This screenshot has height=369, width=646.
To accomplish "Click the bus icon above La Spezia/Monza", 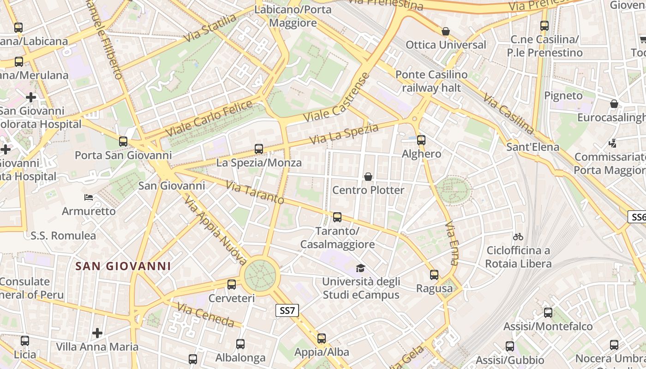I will coord(259,149).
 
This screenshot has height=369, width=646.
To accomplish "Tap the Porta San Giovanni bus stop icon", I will coord(123,142).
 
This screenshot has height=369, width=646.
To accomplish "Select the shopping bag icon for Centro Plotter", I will coord(368,177).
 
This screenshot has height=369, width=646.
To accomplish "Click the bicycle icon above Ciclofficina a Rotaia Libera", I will coord(518,237).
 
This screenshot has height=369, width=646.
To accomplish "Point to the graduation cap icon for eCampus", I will coord(360,268).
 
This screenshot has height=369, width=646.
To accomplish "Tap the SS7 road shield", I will coord(287,310).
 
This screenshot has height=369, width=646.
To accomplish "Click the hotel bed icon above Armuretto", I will coord(89,197).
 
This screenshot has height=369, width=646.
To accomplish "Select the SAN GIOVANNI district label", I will coord(123,266).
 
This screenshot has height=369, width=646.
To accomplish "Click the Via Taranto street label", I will coord(255,192).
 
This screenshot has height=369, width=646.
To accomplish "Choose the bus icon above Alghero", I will coord(421,140).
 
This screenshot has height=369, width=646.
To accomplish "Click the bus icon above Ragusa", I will coord(434,275).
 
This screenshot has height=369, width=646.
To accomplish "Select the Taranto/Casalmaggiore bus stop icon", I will coord(337,217).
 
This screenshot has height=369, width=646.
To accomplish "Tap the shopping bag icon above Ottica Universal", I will coord(446,31).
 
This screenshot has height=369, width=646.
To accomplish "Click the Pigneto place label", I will coord(563,95).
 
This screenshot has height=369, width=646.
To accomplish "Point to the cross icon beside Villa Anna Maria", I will coord(97,333).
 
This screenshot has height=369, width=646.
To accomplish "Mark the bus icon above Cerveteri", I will coord(232,285).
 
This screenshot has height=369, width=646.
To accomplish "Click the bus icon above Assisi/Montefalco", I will coord(548,313).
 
